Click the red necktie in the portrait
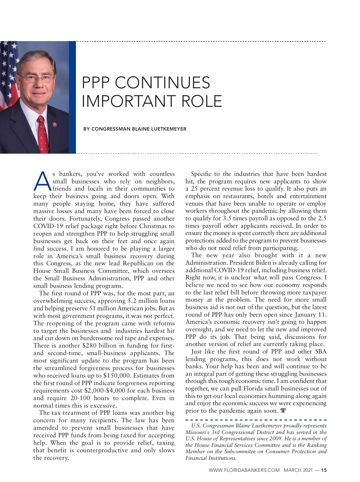tap(42, 134)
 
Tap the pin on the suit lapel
tap(55, 124)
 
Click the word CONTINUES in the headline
tap(162, 83)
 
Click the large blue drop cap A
tap(43, 182)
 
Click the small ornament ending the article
tap(283, 411)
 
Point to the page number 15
tap(324, 470)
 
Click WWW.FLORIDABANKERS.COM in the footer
tap(244, 470)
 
